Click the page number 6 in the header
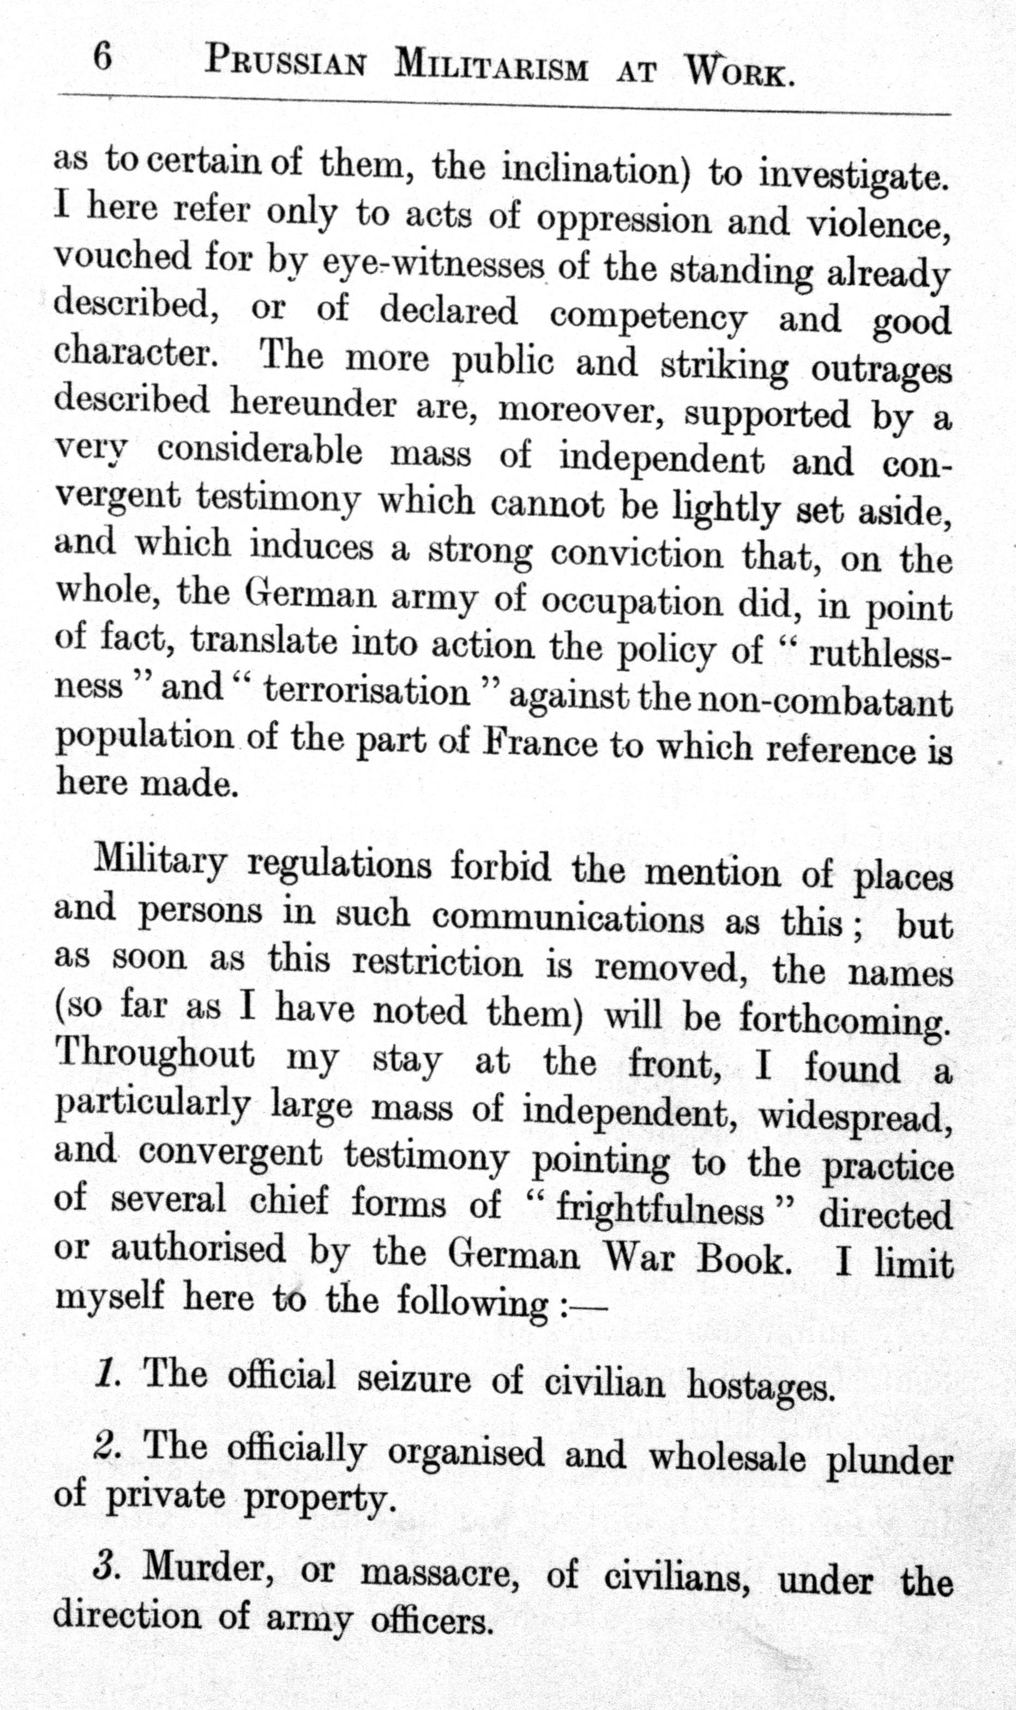pyautogui.click(x=103, y=57)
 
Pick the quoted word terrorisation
pyautogui.click(x=367, y=694)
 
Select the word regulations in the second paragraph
pyautogui.click(x=339, y=866)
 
